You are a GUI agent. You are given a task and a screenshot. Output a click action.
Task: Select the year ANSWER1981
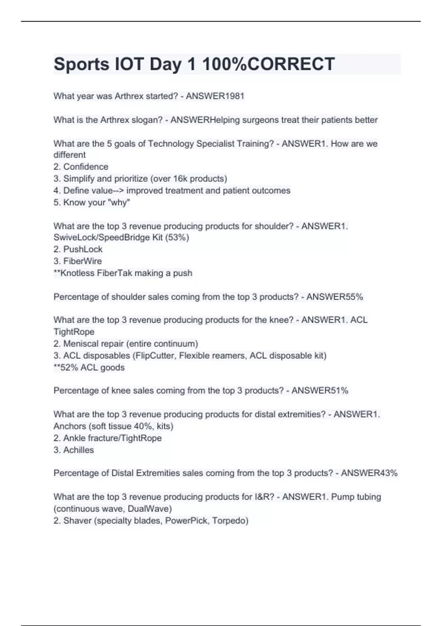click(215, 96)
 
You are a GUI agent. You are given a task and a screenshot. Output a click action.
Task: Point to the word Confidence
click(86, 167)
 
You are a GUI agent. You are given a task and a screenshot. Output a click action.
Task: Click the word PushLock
click(83, 249)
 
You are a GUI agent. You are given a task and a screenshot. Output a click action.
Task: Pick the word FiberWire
click(83, 261)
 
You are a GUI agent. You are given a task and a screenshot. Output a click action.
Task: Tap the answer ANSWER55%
click(335, 297)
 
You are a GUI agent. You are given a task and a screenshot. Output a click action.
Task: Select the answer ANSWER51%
click(320, 391)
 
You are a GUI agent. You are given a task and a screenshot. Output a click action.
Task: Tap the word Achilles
click(78, 450)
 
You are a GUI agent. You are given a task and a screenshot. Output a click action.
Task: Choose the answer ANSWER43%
click(369, 473)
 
